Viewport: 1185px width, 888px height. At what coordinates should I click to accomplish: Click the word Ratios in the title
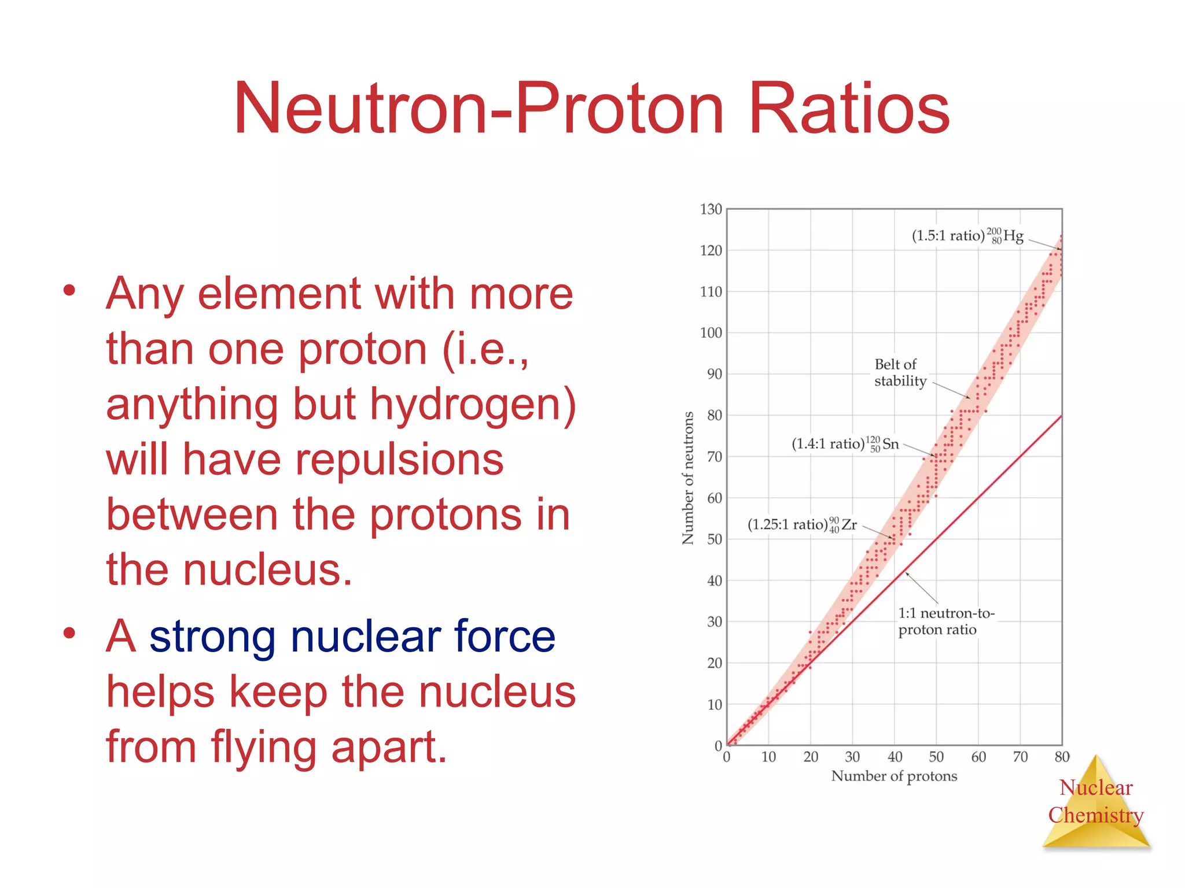click(848, 109)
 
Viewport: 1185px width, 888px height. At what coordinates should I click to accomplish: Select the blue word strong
click(212, 637)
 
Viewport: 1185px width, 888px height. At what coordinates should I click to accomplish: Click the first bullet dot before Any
click(69, 290)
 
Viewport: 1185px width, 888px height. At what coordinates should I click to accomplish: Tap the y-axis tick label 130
click(711, 209)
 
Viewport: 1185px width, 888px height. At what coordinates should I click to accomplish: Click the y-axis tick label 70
click(714, 457)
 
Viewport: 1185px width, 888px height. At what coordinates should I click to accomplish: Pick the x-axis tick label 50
click(936, 757)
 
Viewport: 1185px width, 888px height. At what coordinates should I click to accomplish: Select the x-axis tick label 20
click(810, 757)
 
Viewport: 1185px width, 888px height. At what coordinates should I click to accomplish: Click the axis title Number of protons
click(894, 776)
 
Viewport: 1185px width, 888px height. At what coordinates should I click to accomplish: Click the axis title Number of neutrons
click(688, 478)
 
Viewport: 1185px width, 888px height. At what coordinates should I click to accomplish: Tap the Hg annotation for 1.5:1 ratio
click(967, 235)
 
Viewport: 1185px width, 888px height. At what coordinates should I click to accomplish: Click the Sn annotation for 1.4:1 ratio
click(845, 443)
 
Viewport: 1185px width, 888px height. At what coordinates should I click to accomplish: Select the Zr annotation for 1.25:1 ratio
click(802, 524)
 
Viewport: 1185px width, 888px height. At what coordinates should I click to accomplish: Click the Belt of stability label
click(900, 372)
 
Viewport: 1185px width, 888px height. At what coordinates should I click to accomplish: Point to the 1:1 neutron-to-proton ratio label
click(945, 621)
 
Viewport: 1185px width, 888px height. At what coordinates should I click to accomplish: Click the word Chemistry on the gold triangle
click(1095, 815)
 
